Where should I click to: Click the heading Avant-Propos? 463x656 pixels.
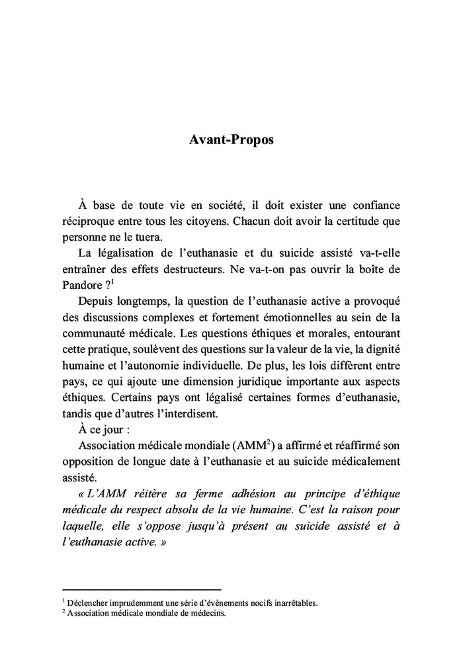point(231,142)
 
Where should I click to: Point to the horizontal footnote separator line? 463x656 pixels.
point(141,589)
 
